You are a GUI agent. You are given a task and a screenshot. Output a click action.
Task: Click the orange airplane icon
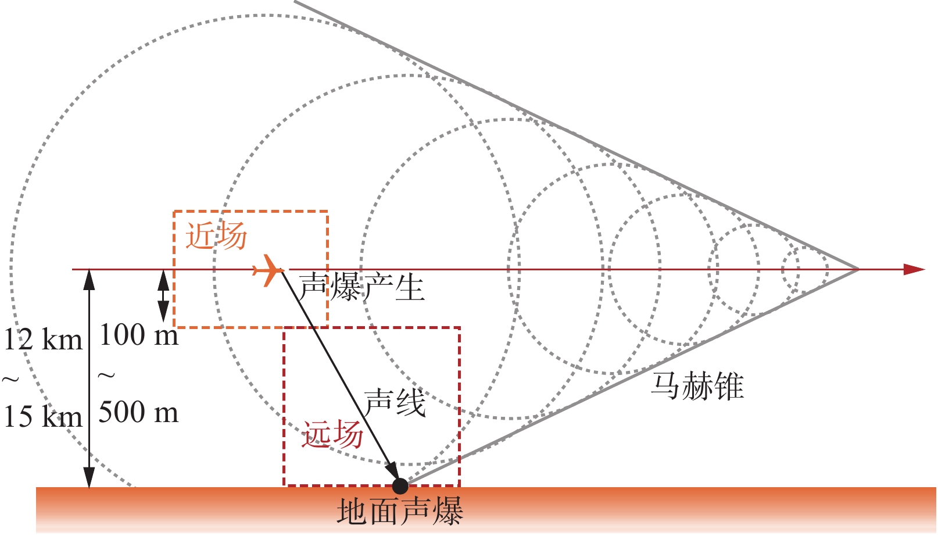coord(267,270)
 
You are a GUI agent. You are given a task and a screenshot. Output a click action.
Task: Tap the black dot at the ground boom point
coord(400,486)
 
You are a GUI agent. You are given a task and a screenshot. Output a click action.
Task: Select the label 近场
coord(216,236)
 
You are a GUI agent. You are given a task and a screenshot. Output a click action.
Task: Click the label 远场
coord(332,435)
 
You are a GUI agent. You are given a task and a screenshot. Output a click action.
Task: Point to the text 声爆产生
coord(361,288)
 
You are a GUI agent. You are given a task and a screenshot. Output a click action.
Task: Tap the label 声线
coord(395,402)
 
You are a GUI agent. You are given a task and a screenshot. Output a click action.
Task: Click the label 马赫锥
coord(697,386)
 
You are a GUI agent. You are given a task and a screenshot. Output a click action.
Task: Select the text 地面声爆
coord(400,512)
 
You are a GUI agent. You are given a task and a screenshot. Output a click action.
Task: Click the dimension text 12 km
coord(43,340)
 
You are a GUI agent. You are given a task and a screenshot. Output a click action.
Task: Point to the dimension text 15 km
coord(43,417)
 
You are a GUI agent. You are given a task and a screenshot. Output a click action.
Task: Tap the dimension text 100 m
coord(139,335)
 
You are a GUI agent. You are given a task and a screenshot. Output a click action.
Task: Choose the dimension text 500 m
coord(139,413)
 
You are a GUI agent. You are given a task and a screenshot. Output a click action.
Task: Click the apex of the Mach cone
coord(858,269)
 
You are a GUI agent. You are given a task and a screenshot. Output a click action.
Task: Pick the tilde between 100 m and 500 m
coord(106,376)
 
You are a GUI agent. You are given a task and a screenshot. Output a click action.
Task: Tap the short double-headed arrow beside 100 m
coord(164,296)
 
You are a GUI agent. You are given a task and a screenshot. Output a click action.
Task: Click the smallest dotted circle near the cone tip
coord(805,269)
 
